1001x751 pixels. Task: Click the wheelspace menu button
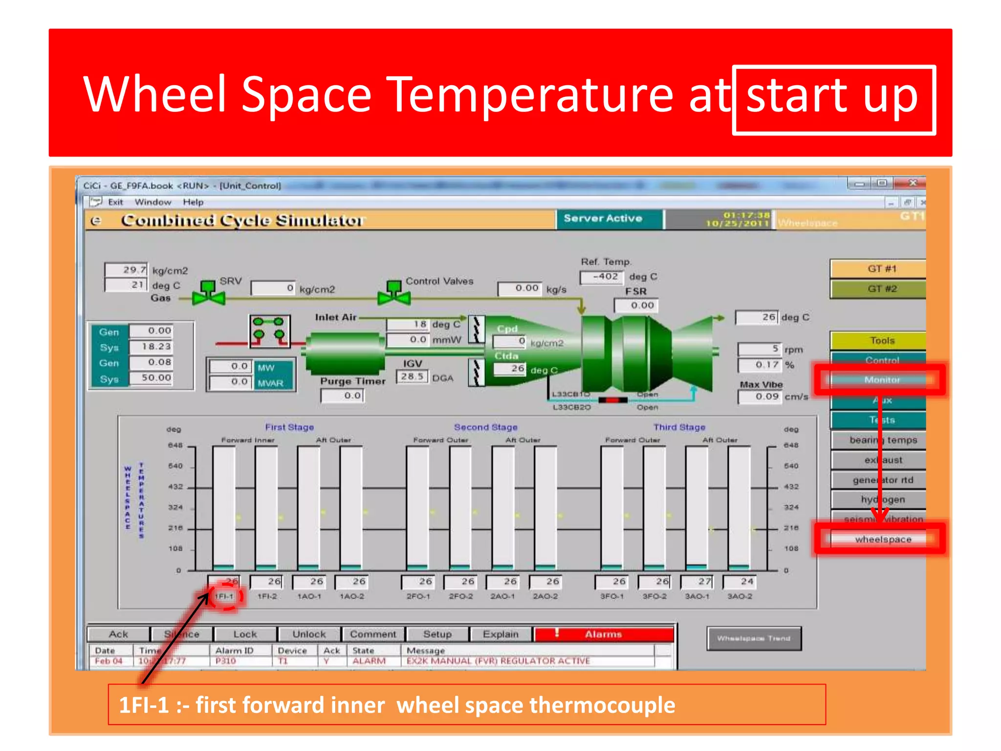(882, 539)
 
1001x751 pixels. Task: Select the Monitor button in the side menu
(881, 379)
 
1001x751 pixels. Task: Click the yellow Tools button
(881, 340)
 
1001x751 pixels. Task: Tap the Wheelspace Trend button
(754, 638)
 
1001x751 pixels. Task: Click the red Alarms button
(604, 634)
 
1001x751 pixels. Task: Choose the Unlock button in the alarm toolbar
(309, 634)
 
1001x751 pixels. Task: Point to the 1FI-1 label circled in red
(224, 596)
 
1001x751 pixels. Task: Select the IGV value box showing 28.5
(412, 376)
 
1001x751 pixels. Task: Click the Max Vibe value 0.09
(760, 397)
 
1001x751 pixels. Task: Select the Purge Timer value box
(343, 396)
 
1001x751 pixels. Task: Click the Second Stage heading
(485, 427)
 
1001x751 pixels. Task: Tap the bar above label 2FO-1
(418, 508)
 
